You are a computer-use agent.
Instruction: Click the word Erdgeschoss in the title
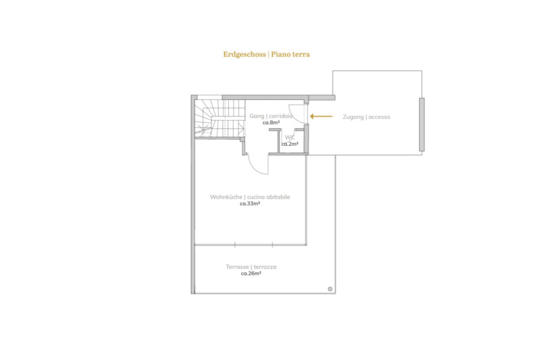(x=244, y=54)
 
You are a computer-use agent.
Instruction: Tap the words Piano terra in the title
(x=290, y=54)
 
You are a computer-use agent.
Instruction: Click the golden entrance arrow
(x=321, y=116)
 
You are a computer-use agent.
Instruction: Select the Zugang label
(x=353, y=117)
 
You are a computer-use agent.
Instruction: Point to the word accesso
(x=379, y=117)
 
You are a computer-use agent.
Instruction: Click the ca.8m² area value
(x=271, y=122)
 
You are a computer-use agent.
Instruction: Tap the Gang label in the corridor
(x=257, y=116)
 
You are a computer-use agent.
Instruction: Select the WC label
(x=290, y=138)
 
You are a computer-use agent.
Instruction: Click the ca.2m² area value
(x=290, y=144)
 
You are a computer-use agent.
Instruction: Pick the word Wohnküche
(x=226, y=197)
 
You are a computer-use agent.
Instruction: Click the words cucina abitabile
(x=269, y=197)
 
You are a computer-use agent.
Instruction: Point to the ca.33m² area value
(x=250, y=203)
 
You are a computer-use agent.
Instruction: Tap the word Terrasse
(x=238, y=267)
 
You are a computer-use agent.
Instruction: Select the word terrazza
(x=265, y=267)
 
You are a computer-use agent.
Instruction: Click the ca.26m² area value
(x=251, y=274)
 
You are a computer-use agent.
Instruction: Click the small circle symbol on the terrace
(x=330, y=289)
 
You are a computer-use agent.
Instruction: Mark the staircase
(x=220, y=118)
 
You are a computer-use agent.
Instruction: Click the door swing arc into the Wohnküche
(x=255, y=169)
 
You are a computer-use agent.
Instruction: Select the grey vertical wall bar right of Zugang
(x=421, y=124)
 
